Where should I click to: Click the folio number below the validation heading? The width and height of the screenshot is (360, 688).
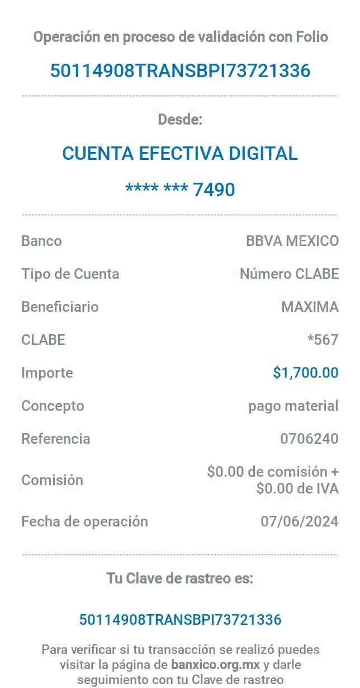pos(180,71)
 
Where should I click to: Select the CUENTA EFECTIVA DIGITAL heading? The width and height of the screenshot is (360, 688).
pos(180,153)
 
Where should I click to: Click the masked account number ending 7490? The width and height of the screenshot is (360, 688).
pos(180,189)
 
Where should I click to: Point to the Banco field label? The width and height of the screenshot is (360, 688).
pos(41,241)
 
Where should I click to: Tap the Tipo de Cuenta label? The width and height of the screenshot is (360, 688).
pos(70,274)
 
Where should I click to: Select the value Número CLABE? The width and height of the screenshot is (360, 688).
pos(289,274)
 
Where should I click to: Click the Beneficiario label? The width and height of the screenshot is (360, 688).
pos(60,307)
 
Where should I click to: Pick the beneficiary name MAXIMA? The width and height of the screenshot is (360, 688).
pos(310,307)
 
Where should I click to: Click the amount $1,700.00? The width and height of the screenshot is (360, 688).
pos(306,372)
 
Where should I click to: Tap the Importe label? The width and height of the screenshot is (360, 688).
pos(47,373)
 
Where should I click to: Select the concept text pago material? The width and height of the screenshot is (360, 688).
pos(293,406)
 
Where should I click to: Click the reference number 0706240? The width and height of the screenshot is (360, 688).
pos(309,439)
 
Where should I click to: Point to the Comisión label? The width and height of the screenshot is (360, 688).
pos(53,480)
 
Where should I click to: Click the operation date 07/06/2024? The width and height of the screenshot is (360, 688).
pos(300,521)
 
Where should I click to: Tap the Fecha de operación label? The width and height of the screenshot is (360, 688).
pos(84,521)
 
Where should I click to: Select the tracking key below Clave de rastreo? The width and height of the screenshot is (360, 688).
pos(180,619)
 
